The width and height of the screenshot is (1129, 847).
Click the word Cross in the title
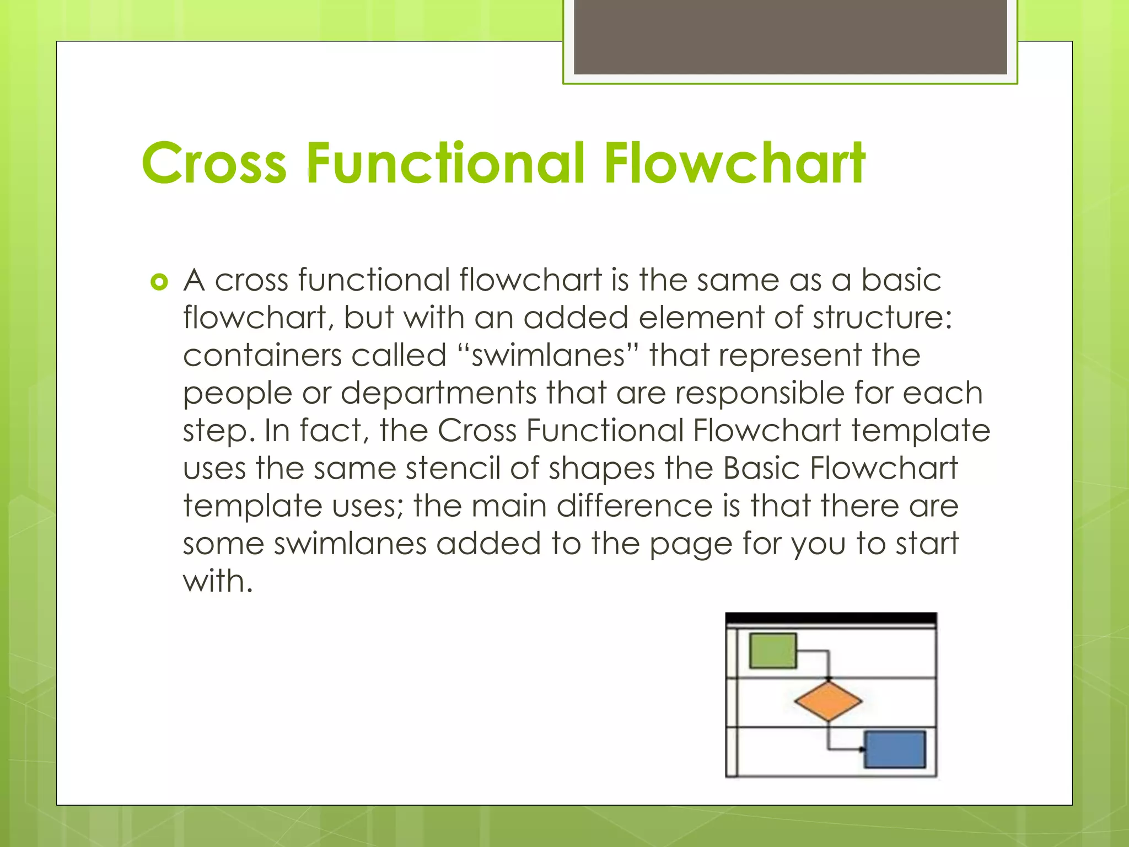(x=214, y=163)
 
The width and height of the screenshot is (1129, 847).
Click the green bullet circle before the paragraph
(x=159, y=283)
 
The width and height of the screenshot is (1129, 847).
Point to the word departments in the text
(x=438, y=393)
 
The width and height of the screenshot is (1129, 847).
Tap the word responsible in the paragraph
(x=760, y=393)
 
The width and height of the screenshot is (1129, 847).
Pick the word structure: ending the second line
(x=883, y=318)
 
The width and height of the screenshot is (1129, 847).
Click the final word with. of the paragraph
(x=218, y=581)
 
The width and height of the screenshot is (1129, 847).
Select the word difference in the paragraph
(x=635, y=506)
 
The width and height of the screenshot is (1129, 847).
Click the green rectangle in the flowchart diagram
(x=773, y=651)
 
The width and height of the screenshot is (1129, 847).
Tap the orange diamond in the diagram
(x=828, y=701)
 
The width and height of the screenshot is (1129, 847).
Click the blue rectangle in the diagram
(x=895, y=749)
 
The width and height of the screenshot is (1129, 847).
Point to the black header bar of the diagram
(x=831, y=619)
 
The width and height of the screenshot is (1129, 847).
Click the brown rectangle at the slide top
(x=790, y=36)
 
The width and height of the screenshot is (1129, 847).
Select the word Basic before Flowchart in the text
(x=761, y=468)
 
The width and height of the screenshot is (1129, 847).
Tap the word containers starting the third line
(x=262, y=355)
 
